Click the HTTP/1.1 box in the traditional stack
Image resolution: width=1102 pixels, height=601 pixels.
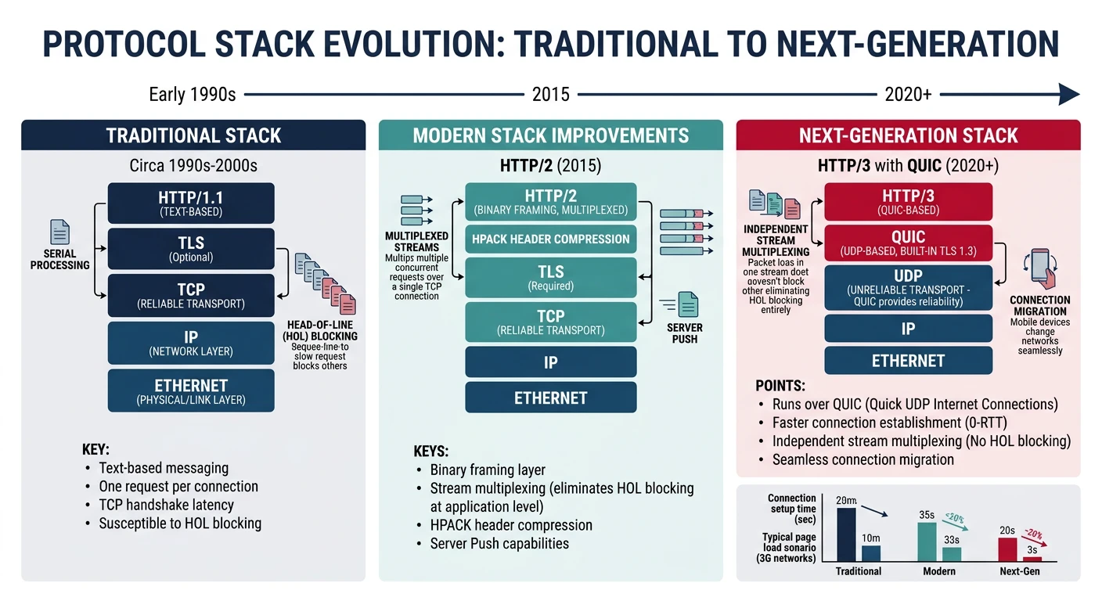click(191, 203)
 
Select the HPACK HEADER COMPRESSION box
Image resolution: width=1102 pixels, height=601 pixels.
click(550, 239)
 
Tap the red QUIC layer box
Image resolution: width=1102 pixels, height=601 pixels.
click(908, 243)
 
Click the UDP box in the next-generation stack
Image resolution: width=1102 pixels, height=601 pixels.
click(908, 287)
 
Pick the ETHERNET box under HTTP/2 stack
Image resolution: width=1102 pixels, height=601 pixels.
click(550, 398)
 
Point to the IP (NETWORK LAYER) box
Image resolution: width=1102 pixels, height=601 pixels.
click(191, 343)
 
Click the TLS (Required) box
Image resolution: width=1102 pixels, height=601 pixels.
click(550, 278)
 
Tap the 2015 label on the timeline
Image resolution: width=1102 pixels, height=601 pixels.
click(550, 95)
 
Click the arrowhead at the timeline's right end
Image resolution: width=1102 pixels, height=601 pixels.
click(1068, 95)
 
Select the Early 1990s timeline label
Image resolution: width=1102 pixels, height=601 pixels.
click(193, 95)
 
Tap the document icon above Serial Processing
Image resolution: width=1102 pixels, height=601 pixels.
click(59, 232)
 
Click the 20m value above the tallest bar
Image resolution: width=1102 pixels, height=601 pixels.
click(846, 501)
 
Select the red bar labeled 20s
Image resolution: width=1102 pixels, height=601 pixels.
click(1007, 549)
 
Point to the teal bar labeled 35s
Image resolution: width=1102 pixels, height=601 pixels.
click(927, 542)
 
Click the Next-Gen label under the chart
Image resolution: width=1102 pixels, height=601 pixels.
click(1020, 571)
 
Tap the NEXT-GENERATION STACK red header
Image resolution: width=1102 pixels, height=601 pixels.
click(908, 135)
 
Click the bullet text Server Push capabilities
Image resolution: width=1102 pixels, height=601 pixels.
click(499, 543)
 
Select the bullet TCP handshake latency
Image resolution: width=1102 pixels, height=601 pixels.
click(166, 505)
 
